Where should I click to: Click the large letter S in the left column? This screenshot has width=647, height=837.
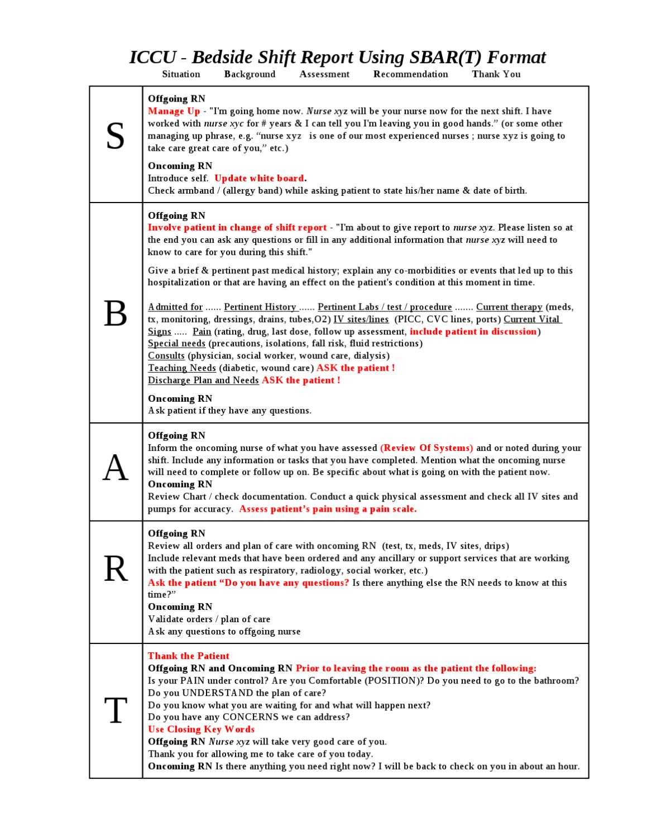pyautogui.click(x=115, y=136)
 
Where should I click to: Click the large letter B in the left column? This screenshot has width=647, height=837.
pyautogui.click(x=115, y=314)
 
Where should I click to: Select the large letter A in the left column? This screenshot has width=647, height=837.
pyautogui.click(x=115, y=468)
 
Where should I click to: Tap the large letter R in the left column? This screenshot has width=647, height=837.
pyautogui.click(x=115, y=569)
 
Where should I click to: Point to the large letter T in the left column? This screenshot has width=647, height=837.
pyautogui.click(x=115, y=710)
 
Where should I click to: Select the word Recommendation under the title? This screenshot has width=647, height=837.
pyautogui.click(x=410, y=74)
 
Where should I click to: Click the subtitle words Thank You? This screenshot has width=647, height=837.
pyautogui.click(x=496, y=74)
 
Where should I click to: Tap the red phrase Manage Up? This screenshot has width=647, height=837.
pyautogui.click(x=174, y=111)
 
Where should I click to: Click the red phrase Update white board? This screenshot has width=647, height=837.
pyautogui.click(x=259, y=179)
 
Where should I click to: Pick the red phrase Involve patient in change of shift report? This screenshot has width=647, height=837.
pyautogui.click(x=237, y=228)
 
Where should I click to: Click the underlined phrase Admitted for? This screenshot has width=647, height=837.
pyautogui.click(x=175, y=307)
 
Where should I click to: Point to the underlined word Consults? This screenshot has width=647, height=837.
pyautogui.click(x=166, y=355)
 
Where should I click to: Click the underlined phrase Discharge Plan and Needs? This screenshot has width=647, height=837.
pyautogui.click(x=203, y=380)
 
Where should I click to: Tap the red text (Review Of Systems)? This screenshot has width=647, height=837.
pyautogui.click(x=426, y=448)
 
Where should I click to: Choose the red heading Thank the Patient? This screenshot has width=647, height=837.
pyautogui.click(x=189, y=656)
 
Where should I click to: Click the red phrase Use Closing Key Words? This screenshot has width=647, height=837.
pyautogui.click(x=201, y=729)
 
